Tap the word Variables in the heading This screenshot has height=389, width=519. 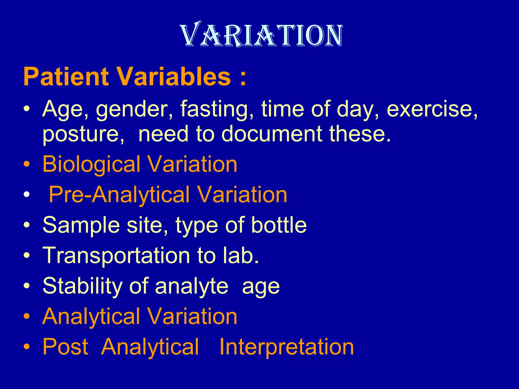click(174, 76)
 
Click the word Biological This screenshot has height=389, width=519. click(91, 165)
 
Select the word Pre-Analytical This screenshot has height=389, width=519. click(119, 194)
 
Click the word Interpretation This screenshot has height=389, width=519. click(286, 347)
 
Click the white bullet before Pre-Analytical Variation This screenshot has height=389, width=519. click(27, 194)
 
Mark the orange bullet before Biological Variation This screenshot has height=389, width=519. click(27, 164)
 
